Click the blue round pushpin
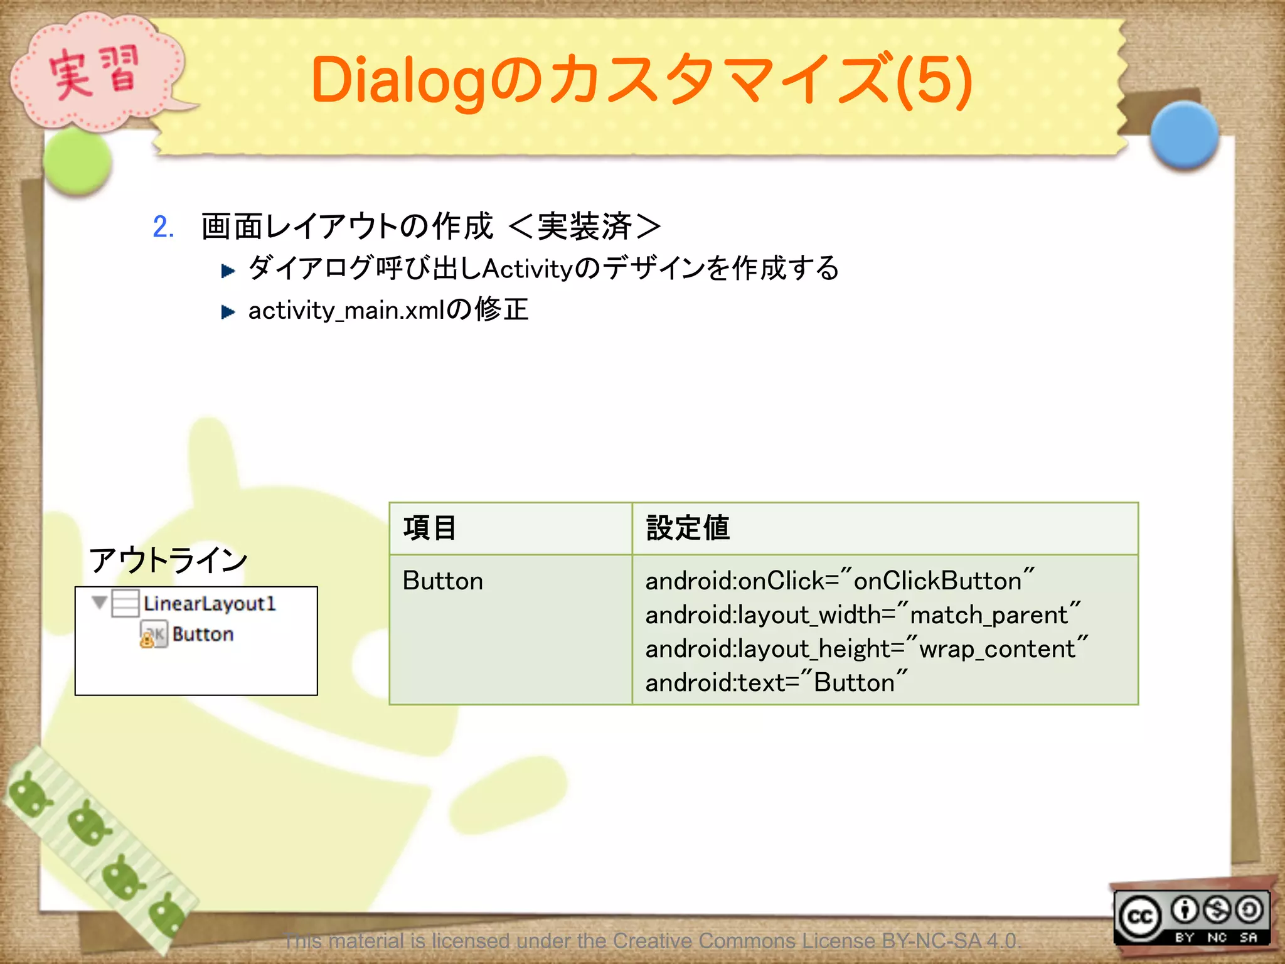point(1184,135)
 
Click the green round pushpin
point(78,161)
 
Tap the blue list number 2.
point(163,227)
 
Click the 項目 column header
point(430,528)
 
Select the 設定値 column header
point(688,528)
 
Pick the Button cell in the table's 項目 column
point(443,581)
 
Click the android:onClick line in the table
point(840,581)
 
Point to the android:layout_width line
point(863,614)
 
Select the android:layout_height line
point(866,648)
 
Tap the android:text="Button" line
point(776,682)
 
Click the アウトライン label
point(168,560)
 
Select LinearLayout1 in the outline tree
point(209,603)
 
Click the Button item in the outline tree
point(203,635)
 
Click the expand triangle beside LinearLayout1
point(99,602)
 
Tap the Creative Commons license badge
point(1192,917)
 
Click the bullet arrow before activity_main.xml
point(228,312)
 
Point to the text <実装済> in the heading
point(585,227)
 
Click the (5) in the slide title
point(934,80)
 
